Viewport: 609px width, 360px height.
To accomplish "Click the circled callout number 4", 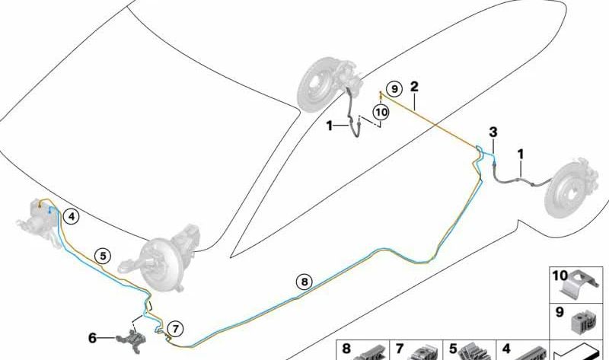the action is pos(72,217).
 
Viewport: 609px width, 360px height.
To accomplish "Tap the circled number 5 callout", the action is pos(103,256).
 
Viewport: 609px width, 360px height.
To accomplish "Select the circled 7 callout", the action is pos(176,330).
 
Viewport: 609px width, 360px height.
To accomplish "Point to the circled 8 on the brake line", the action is pos(304,282).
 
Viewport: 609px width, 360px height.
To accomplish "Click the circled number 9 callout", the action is pos(394,89).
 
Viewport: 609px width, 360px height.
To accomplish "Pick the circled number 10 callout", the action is pos(381,113).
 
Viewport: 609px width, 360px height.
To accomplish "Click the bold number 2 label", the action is pos(414,87).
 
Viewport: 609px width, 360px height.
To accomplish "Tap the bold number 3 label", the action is pos(493,132).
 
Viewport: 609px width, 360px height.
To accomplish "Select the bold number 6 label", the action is pos(92,338).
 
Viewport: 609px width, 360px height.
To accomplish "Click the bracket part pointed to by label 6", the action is pos(132,340).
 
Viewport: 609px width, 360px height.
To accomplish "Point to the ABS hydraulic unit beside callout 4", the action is pos(38,222).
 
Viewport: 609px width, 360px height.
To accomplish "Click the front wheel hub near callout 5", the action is pos(159,258).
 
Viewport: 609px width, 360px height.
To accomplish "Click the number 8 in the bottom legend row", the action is pos(346,349).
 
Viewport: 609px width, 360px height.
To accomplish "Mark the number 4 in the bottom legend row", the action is pos(506,349).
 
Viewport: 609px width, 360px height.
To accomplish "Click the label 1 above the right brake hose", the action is pos(521,155).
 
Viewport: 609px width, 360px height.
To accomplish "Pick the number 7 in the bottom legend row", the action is pos(400,349).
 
